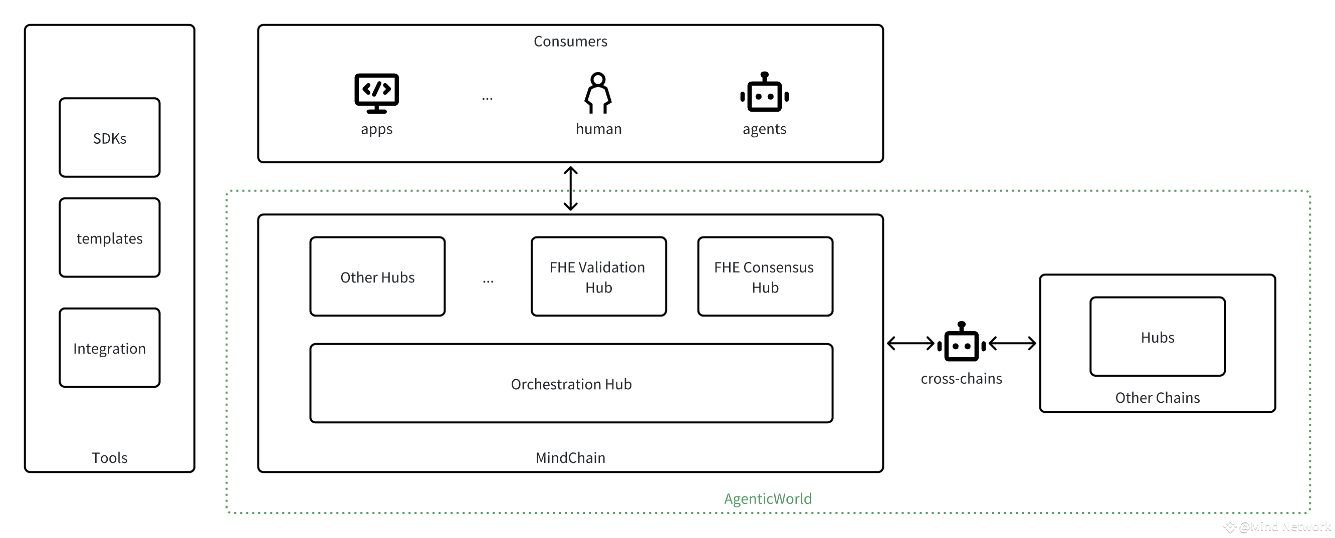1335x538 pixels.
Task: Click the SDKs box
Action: coord(109,138)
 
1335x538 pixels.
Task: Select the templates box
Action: coord(109,237)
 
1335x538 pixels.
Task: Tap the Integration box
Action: coord(109,348)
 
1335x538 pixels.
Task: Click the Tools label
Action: coord(109,458)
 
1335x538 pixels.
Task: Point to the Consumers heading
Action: coord(570,41)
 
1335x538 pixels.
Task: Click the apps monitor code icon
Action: coord(377,93)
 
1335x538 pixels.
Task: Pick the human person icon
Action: coord(598,93)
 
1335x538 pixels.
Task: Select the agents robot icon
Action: coord(764,92)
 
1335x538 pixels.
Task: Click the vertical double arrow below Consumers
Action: coord(571,188)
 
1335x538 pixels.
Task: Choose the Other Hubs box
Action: coord(377,277)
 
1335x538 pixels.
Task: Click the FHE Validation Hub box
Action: coord(598,277)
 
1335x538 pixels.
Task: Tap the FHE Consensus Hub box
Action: coord(765,277)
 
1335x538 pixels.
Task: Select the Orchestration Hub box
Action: coord(571,384)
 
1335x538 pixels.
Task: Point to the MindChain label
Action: coord(570,458)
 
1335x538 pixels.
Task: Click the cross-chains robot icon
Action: coord(961,342)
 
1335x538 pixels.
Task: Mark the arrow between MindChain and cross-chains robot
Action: coord(911,343)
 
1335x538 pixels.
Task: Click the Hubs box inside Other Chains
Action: coord(1157,337)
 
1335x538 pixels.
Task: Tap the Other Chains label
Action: coord(1157,398)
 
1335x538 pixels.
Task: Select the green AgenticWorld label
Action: coord(768,498)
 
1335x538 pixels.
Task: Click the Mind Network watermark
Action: coord(1277,527)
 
